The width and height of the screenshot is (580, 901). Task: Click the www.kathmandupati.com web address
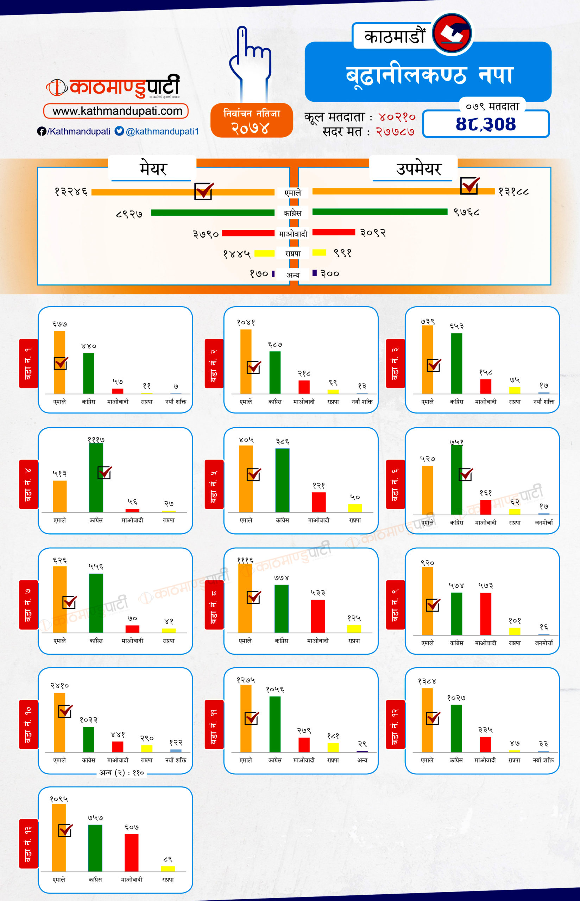pos(117,111)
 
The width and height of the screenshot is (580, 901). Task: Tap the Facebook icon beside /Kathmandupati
pos(42,131)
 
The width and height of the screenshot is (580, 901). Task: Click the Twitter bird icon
pos(119,131)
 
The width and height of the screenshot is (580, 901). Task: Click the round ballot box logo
pos(452,33)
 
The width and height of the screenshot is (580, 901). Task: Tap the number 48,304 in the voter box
pos(485,124)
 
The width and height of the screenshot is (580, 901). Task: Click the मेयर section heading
pos(152,168)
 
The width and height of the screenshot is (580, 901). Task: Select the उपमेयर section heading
pos(418,169)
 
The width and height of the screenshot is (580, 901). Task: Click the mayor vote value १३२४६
pos(71,192)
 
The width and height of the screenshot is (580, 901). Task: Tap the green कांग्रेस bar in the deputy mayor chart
pos(380,212)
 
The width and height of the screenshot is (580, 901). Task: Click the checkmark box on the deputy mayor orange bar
pos(469,186)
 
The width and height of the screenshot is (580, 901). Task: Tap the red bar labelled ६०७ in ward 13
pos(131,852)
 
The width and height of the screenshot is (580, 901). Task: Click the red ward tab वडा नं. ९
pos(395,605)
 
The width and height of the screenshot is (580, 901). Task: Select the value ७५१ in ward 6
pos(456,442)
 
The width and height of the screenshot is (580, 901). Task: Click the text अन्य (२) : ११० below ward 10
pos(121,773)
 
